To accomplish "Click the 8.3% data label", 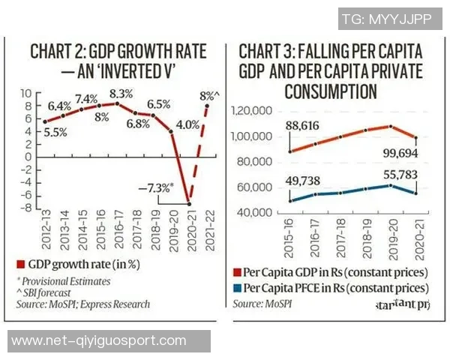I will pos(122,94).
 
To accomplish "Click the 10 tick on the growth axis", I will pos(31,93).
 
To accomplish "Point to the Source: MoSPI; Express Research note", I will pos(82,304).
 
